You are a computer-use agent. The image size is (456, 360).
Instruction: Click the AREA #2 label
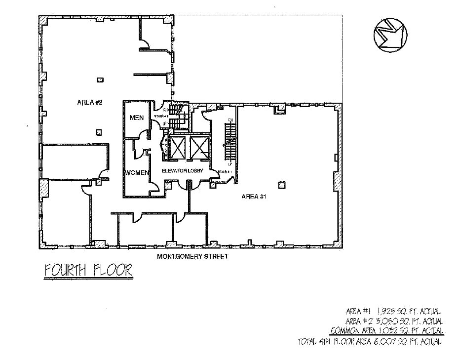click(89, 102)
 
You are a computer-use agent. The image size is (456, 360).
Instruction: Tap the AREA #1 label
click(254, 197)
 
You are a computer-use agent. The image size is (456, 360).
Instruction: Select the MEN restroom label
click(136, 118)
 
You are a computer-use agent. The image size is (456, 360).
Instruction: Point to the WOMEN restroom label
click(137, 172)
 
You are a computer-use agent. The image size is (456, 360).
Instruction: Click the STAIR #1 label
click(225, 172)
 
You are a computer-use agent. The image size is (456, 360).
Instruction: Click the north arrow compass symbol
click(390, 35)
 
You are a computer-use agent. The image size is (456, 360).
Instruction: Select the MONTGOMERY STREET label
click(192, 257)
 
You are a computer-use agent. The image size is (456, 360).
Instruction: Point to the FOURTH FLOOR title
click(88, 271)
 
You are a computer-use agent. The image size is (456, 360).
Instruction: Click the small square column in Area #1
click(281, 185)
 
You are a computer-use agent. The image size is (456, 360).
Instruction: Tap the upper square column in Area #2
click(100, 80)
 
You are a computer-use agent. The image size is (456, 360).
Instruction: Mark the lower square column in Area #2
click(99, 132)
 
